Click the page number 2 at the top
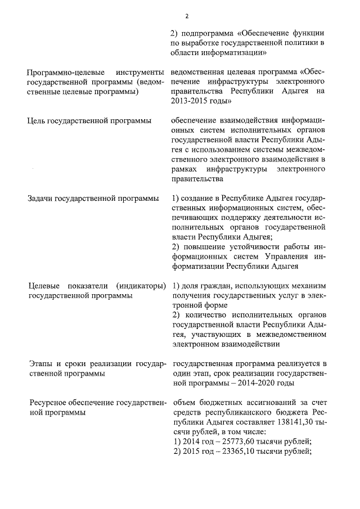(x=179, y=15)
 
